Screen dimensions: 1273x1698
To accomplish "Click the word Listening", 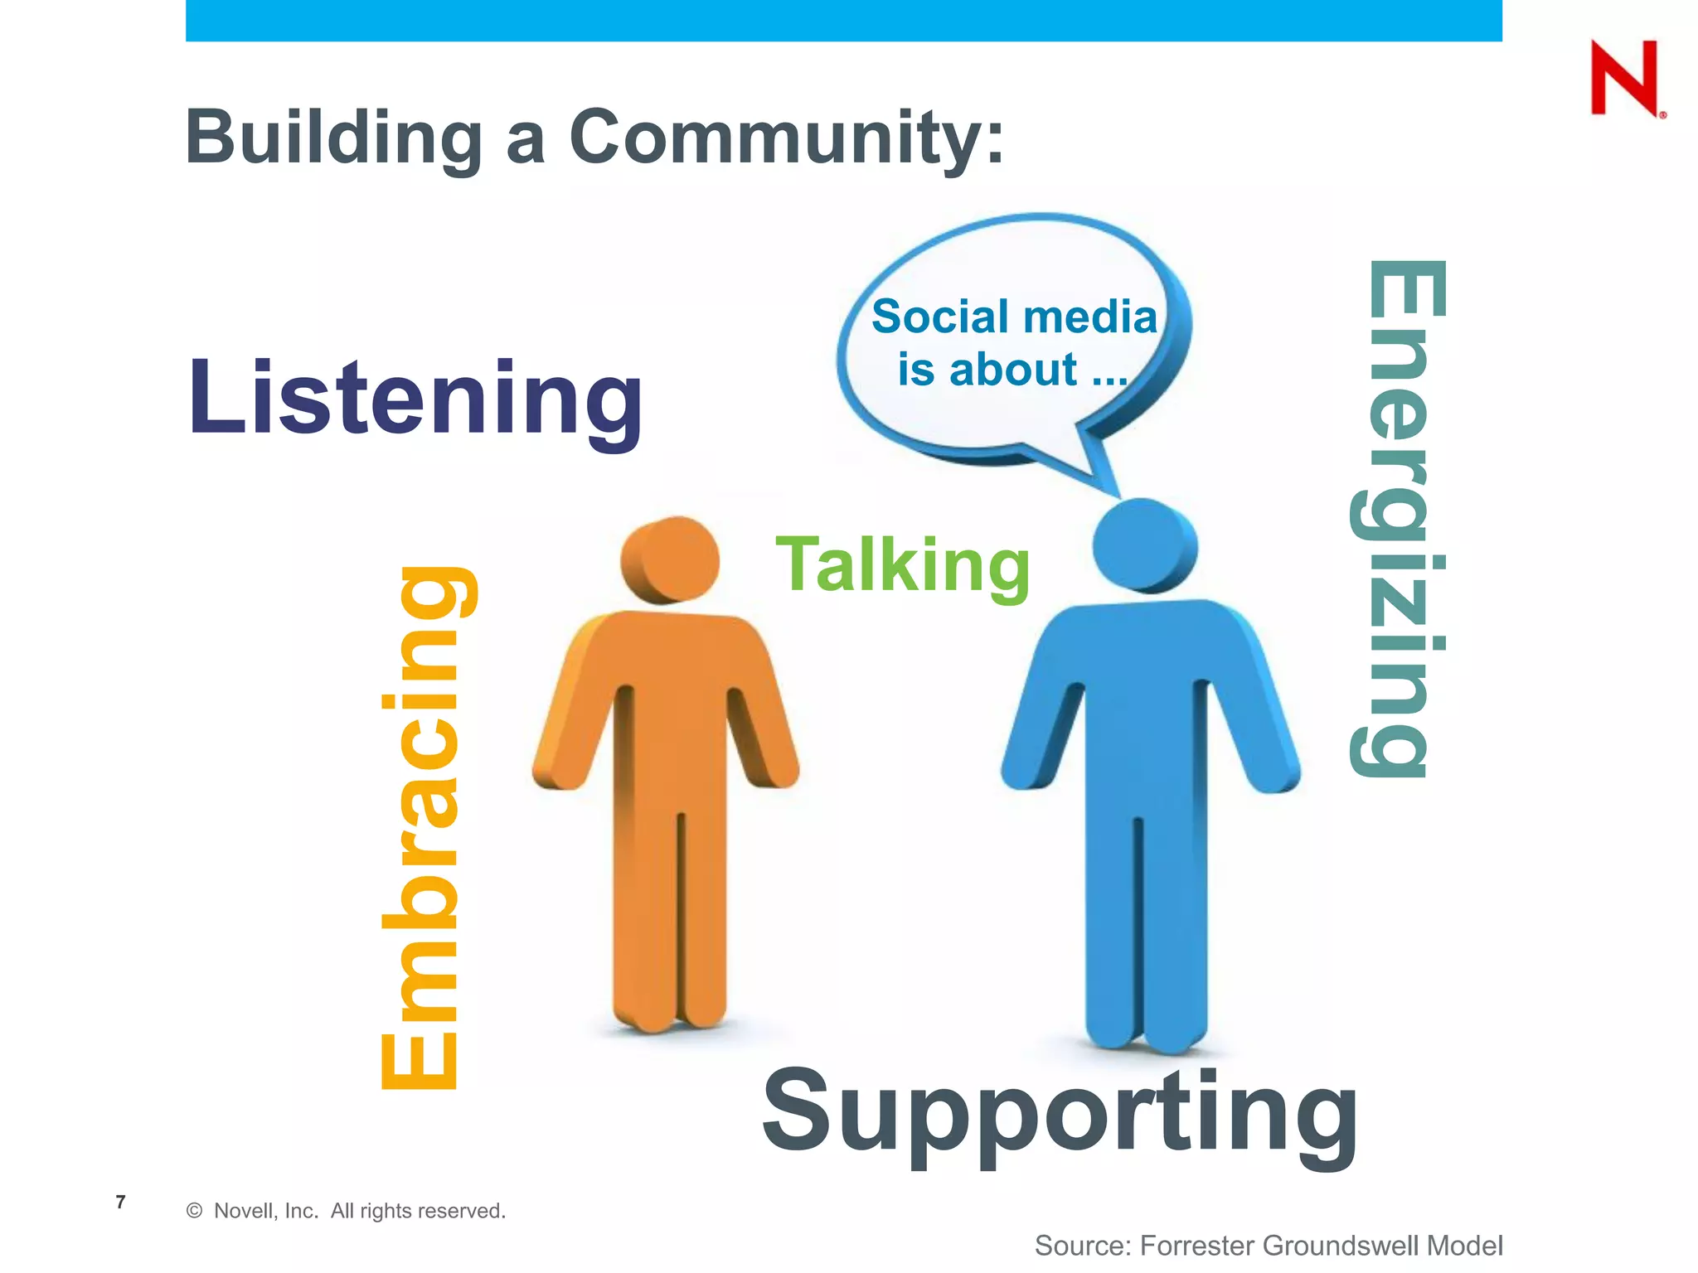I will click(415, 398).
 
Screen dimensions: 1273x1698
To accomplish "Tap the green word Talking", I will click(902, 565).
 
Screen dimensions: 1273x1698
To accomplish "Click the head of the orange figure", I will click(671, 559).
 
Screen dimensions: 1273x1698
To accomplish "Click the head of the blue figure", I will click(1144, 545).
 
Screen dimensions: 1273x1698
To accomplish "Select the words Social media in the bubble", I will click(1013, 317).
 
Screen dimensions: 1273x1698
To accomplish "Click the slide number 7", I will click(121, 1202).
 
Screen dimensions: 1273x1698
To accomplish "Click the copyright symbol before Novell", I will click(195, 1211).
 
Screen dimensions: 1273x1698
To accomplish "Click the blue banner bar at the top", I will click(843, 20).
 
